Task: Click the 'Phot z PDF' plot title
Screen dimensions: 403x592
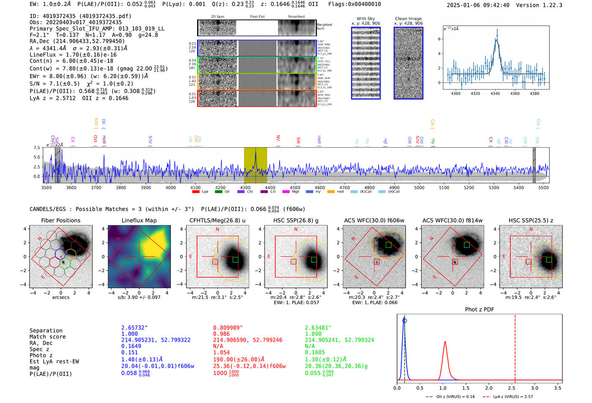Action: tap(479, 309)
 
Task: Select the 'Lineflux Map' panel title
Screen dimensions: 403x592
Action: tap(139, 220)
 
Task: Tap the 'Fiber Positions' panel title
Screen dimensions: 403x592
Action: tap(60, 220)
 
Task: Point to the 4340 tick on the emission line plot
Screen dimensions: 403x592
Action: tap(495, 93)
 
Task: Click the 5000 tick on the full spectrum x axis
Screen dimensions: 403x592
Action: tap(419, 187)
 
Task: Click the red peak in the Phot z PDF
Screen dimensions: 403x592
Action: tap(445, 342)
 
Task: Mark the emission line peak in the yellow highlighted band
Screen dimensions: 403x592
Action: tap(255, 152)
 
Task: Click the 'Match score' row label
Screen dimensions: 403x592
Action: tap(47, 337)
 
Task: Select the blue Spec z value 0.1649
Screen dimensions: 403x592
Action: tap(131, 346)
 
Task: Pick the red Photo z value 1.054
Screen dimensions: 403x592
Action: tap(221, 352)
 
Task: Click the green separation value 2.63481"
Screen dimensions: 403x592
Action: tap(318, 328)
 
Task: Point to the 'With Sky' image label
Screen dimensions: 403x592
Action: tap(365, 19)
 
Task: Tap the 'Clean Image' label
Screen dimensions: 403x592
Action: tap(408, 19)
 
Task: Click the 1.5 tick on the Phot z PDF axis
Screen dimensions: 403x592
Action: tap(466, 388)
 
